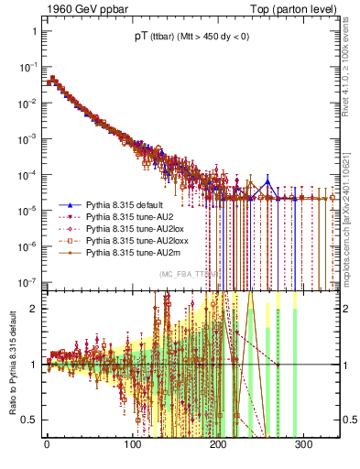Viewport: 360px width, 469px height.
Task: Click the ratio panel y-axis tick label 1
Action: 35,365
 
